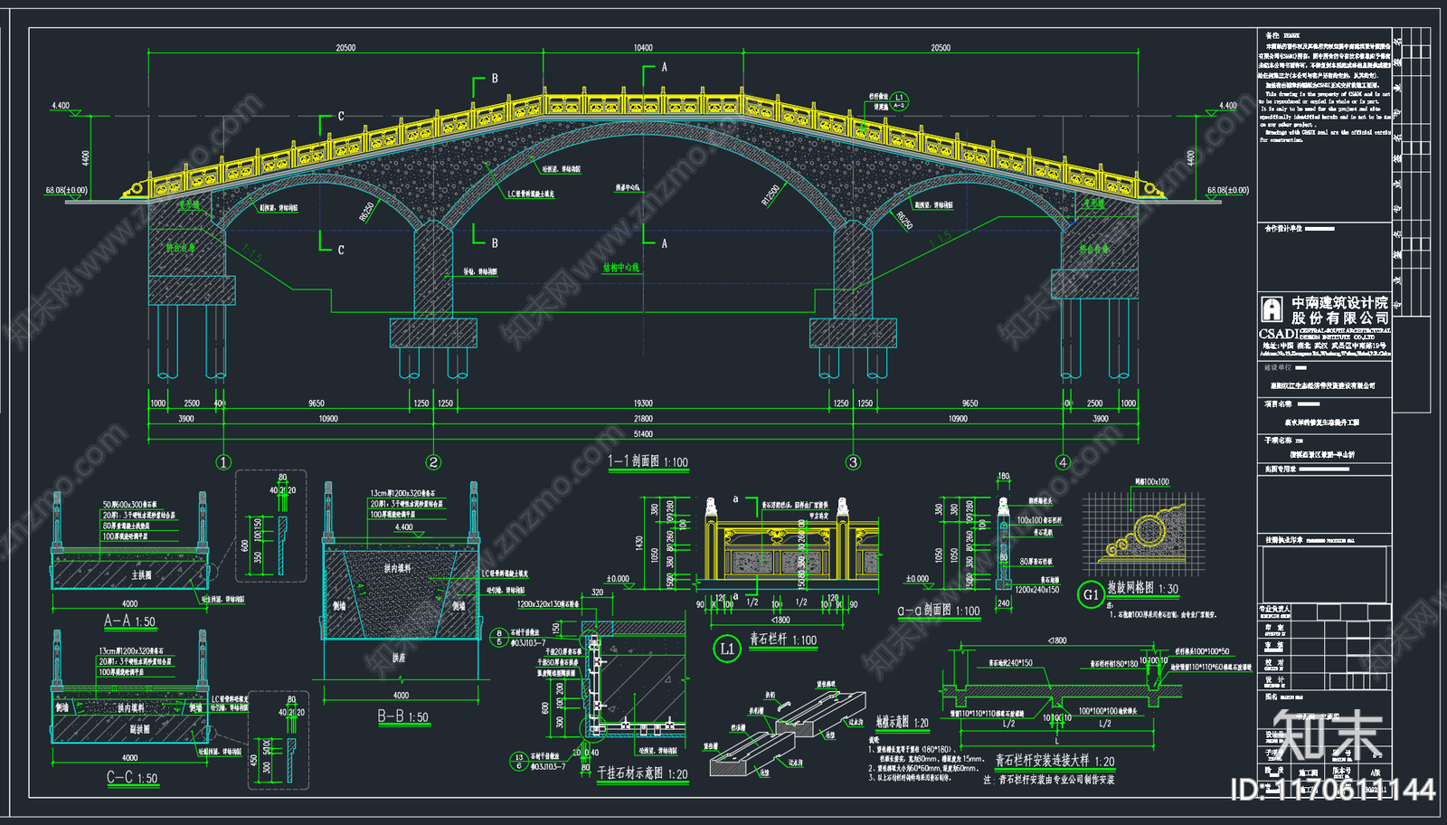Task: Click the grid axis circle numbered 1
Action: point(223,462)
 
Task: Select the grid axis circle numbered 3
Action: point(853,462)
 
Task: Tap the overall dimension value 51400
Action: point(643,434)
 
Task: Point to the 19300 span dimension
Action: point(643,403)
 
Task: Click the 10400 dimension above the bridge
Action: point(643,48)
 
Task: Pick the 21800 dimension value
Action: point(643,419)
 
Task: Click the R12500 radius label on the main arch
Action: point(770,195)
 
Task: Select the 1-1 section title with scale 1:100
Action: point(648,461)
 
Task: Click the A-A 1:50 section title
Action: point(129,621)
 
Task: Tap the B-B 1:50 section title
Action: point(402,716)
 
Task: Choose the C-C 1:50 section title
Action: point(132,778)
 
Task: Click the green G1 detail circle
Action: point(1091,594)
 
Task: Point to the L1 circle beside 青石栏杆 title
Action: point(727,648)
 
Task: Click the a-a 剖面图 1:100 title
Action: point(938,611)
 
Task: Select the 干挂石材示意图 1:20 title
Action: point(642,773)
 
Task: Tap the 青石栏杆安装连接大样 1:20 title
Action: point(1055,761)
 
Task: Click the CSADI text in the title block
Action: point(1279,334)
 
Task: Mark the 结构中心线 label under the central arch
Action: point(620,268)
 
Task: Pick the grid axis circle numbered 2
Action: point(433,462)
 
